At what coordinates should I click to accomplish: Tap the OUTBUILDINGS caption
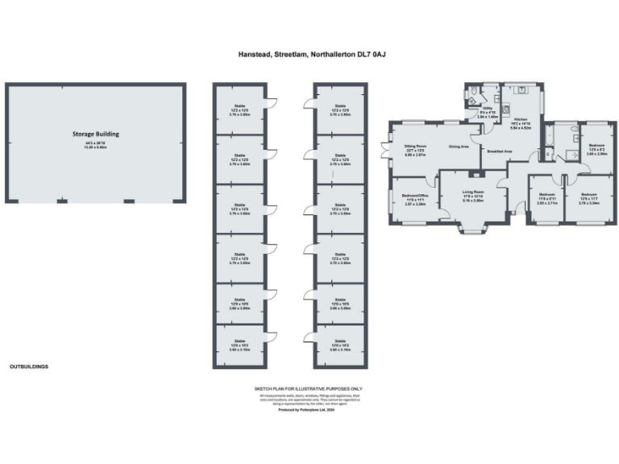[29, 367]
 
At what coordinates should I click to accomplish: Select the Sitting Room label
[414, 146]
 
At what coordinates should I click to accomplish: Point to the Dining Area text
[459, 147]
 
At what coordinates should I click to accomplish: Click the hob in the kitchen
[505, 109]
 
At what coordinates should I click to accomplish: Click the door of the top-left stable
[272, 102]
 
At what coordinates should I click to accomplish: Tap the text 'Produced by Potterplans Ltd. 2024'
[309, 410]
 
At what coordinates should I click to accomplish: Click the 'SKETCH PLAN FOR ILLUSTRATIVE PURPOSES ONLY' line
[309, 388]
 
